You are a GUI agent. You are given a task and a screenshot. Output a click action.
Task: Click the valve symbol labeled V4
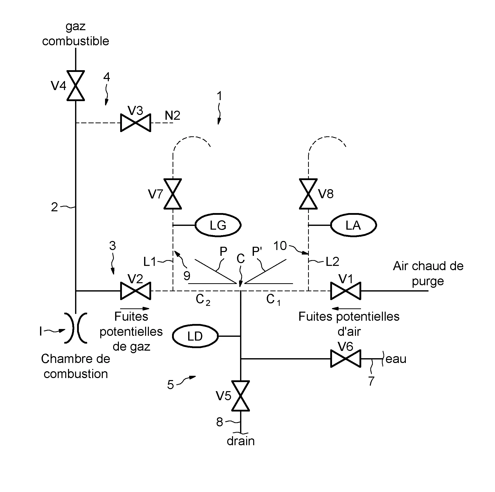pyautogui.click(x=76, y=86)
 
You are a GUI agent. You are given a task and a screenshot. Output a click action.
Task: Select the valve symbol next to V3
pyautogui.click(x=136, y=123)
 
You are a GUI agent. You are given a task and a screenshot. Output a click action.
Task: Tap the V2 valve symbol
pyautogui.click(x=136, y=291)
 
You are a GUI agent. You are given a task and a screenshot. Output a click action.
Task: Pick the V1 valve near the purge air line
pyautogui.click(x=346, y=291)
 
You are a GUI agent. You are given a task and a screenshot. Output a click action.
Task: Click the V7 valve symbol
pyautogui.click(x=173, y=194)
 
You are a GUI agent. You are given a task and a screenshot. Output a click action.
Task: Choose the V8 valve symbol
pyautogui.click(x=308, y=194)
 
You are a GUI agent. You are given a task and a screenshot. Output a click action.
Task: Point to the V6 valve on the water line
pyautogui.click(x=346, y=359)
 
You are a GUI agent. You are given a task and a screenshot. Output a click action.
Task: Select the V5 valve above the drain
pyautogui.click(x=240, y=396)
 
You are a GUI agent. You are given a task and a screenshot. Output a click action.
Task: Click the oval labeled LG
pyautogui.click(x=218, y=225)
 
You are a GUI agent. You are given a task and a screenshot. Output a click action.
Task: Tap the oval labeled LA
pyautogui.click(x=353, y=225)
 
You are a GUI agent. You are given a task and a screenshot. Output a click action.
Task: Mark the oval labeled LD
pyautogui.click(x=195, y=336)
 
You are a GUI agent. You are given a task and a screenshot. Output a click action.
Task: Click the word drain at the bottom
pyautogui.click(x=241, y=441)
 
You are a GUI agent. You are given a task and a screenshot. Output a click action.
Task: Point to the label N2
pyautogui.click(x=172, y=116)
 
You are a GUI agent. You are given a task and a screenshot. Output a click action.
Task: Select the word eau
pyautogui.click(x=395, y=359)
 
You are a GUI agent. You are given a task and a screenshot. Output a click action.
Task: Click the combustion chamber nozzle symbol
pyautogui.click(x=76, y=328)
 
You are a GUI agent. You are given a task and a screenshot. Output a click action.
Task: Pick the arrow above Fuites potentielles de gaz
pyautogui.click(x=135, y=309)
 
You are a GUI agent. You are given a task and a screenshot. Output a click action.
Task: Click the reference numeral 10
pyautogui.click(x=280, y=246)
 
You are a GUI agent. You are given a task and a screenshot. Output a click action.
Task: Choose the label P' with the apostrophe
pyautogui.click(x=257, y=252)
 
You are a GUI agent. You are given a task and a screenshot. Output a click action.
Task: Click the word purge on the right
pyautogui.click(x=428, y=281)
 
